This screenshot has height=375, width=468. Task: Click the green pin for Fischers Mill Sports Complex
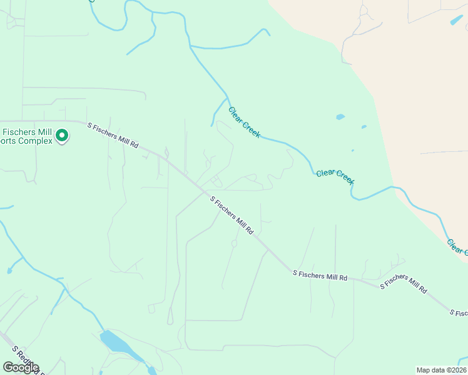[x=62, y=135]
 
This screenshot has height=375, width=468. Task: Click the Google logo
[x=21, y=367]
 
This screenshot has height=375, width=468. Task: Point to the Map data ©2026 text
[x=441, y=370]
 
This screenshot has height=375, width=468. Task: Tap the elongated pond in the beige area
[x=457, y=20]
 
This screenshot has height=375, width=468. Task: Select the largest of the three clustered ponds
[x=340, y=116]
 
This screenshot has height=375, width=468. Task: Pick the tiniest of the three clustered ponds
[x=352, y=151]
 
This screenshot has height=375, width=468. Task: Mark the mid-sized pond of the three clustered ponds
[x=364, y=127]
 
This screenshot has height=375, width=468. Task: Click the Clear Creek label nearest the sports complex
[x=244, y=122]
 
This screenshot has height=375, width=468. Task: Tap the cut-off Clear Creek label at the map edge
[x=457, y=246]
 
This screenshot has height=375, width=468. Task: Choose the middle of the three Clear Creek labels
[x=335, y=177]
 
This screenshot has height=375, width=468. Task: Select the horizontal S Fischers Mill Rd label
[x=320, y=274]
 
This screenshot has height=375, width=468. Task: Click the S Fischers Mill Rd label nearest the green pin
[x=113, y=134]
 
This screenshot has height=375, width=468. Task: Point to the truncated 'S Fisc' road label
[x=458, y=312]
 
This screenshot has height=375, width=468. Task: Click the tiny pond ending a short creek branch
[x=9, y=271]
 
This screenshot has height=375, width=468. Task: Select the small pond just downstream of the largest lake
[x=151, y=371]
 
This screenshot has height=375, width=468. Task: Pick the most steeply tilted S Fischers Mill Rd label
[x=231, y=216]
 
